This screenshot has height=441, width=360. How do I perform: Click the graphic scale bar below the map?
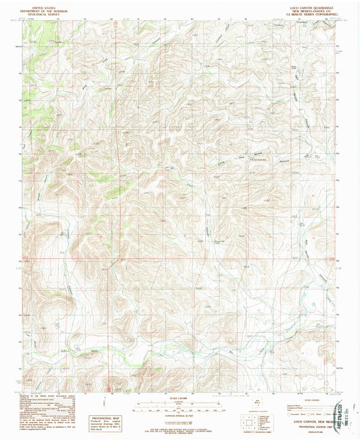179,405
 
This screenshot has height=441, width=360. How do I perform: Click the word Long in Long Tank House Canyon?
218,155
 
